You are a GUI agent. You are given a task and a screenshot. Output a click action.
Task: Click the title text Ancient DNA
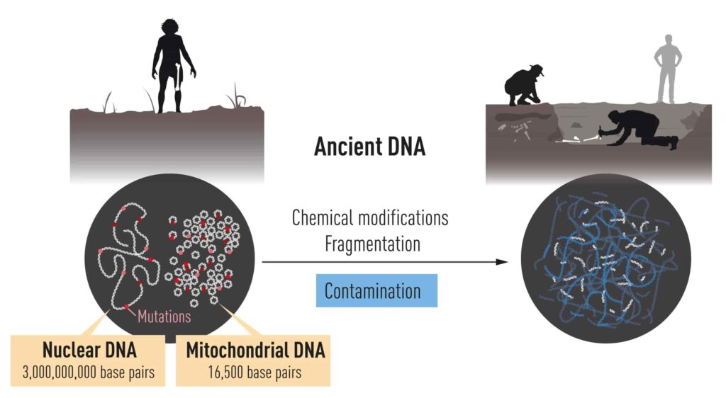point(369,147)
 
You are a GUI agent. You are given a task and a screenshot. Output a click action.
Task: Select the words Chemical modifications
point(369,217)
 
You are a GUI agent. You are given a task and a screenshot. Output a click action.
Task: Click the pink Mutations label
point(164,316)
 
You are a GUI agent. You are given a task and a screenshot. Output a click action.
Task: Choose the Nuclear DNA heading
point(89,351)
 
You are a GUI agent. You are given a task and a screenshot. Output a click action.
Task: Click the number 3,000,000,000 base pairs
point(89,371)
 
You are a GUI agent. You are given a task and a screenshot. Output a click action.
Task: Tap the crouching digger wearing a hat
point(523,85)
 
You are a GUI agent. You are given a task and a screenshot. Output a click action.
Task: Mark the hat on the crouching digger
point(536,69)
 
